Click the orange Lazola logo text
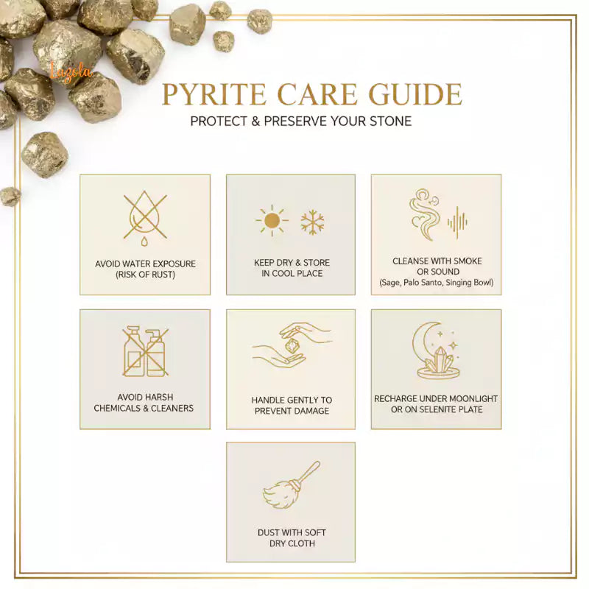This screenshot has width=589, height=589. [72, 71]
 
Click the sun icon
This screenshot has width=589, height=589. [272, 220]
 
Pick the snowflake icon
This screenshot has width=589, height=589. [312, 222]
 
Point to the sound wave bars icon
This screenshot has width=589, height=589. [457, 222]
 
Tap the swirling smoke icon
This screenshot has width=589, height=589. [425, 214]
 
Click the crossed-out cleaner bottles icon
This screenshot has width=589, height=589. [144, 352]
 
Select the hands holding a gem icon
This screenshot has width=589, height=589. [291, 347]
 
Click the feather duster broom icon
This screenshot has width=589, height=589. [292, 485]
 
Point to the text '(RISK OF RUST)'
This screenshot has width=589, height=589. [145, 275]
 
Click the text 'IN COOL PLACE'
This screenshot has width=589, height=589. [292, 274]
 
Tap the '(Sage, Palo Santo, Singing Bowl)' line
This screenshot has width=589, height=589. [437, 283]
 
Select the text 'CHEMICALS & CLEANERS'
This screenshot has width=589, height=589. [145, 408]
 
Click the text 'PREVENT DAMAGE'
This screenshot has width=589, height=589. [292, 411]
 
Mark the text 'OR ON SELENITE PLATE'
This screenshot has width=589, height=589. [437, 409]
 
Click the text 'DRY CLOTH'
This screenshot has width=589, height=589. [292, 543]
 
